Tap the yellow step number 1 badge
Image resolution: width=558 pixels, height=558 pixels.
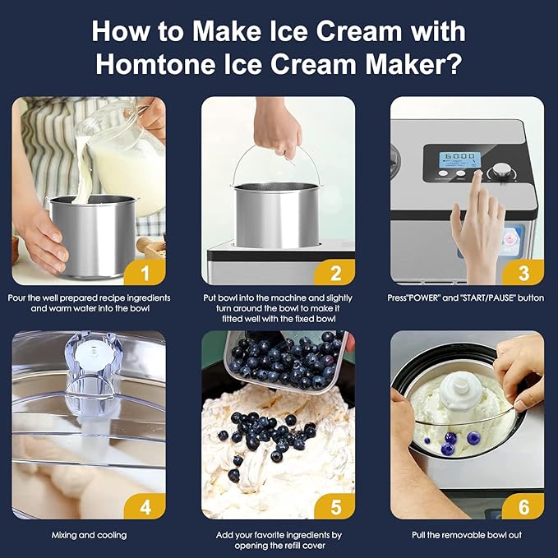pos(145,273)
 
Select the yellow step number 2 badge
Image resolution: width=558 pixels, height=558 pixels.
pos(334,273)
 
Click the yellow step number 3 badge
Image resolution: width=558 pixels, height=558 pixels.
pos(523,273)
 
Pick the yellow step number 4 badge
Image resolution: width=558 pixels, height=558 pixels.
pos(145,506)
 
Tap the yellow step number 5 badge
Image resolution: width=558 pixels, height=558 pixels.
pos(334,506)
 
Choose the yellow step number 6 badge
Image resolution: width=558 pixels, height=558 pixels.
pos(523,506)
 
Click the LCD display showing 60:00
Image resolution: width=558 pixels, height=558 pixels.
pos(459,159)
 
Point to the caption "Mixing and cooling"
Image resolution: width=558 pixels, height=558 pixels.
pos(89,535)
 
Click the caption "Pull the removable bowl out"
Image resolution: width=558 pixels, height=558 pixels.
pos(467,535)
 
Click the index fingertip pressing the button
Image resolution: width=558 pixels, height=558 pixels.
pos(478,174)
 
